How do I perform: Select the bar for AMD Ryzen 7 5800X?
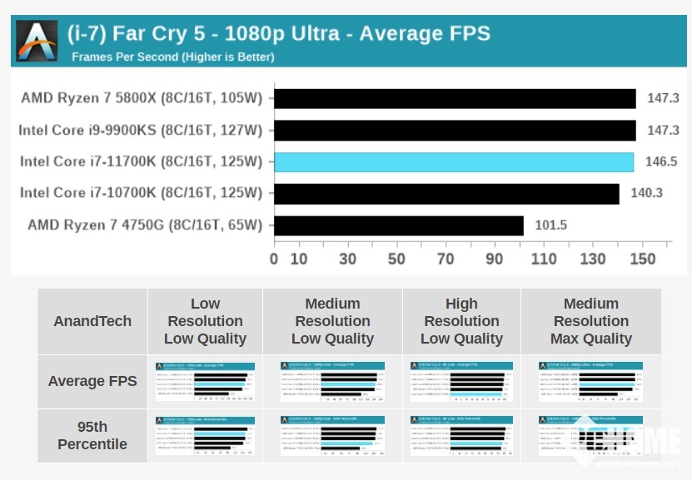pos(455,98)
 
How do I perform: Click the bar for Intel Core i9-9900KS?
pos(455,130)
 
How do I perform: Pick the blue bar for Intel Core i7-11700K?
pos(453,161)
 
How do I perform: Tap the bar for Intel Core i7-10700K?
pos(446,193)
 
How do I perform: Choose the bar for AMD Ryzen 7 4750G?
pos(398,225)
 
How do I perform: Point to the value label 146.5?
pos(661,161)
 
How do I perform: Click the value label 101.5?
pos(551,225)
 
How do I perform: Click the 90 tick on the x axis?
pos(495,259)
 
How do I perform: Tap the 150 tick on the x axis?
pos(642,259)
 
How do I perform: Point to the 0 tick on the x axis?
pos(274,259)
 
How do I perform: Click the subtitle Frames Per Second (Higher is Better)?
pos(172,57)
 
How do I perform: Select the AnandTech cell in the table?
pos(92,321)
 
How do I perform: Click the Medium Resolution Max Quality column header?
pos(590,321)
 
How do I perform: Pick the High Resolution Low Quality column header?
pos(461,321)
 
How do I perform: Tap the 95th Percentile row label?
pos(92,435)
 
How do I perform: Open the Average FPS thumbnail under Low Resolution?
pos(205,380)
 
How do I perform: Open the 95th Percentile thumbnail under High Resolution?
pos(461,435)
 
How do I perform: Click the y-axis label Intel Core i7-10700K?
pos(141,193)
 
